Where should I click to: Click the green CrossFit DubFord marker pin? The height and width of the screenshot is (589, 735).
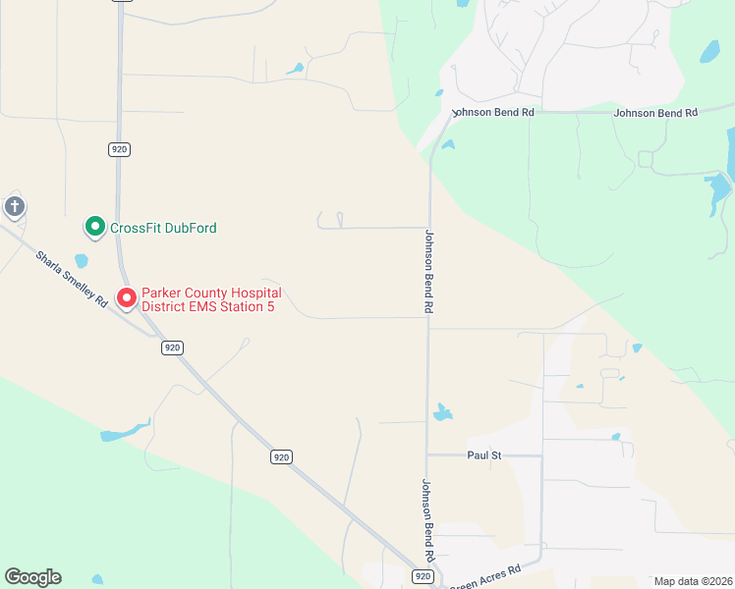[94, 227]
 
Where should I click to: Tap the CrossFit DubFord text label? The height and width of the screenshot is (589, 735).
[163, 228]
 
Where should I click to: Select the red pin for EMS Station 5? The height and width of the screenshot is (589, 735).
[127, 297]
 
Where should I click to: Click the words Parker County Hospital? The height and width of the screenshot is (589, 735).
[211, 293]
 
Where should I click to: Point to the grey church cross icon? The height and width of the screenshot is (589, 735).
[14, 206]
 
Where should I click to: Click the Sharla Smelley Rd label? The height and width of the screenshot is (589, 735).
[71, 280]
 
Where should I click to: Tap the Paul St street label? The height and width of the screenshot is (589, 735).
[484, 455]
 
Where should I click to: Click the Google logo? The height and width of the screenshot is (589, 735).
[32, 577]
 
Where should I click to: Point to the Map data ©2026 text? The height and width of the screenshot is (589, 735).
[692, 581]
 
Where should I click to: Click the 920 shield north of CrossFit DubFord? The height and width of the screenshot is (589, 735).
[120, 149]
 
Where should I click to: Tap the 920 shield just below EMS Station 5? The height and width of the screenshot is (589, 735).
[172, 348]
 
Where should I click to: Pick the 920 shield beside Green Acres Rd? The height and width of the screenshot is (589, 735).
[424, 576]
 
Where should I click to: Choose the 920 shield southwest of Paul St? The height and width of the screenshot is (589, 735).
[281, 457]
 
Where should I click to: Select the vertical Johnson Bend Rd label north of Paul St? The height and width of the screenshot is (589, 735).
[429, 272]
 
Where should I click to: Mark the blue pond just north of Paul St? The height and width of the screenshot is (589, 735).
[443, 412]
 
